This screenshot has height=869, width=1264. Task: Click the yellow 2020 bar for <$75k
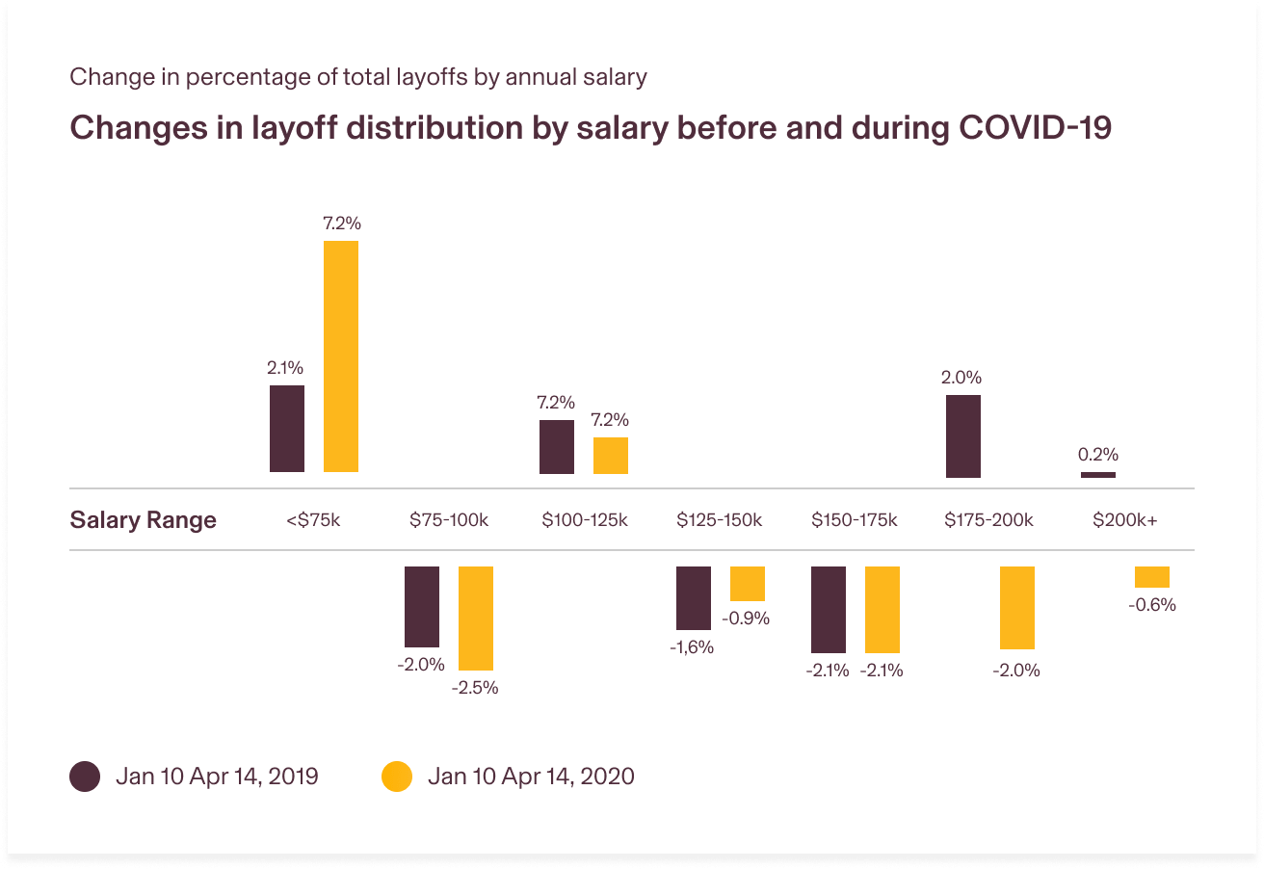pyautogui.click(x=341, y=356)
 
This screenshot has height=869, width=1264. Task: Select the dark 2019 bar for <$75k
pyautogui.click(x=287, y=429)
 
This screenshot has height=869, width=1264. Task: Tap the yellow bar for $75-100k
pyautogui.click(x=476, y=618)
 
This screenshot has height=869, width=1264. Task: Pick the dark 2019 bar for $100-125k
pyautogui.click(x=557, y=447)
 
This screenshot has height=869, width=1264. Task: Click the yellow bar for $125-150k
pyautogui.click(x=748, y=584)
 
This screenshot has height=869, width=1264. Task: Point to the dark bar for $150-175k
pyautogui.click(x=829, y=609)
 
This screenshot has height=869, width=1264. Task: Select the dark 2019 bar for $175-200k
pyautogui.click(x=963, y=436)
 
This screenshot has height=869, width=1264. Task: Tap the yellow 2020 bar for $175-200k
pyautogui.click(x=1017, y=607)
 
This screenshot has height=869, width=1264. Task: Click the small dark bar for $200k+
pyautogui.click(x=1098, y=475)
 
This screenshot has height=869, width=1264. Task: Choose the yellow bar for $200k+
pyautogui.click(x=1152, y=577)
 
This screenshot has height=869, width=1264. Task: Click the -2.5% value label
pyautogui.click(x=475, y=689)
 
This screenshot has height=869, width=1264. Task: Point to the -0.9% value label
pyautogui.click(x=747, y=619)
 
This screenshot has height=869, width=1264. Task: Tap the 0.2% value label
pyautogui.click(x=1098, y=455)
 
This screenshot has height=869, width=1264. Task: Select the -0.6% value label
pyautogui.click(x=1152, y=605)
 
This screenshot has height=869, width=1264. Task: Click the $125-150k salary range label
pyautogui.click(x=719, y=520)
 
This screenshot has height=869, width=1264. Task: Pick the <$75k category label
pyautogui.click(x=313, y=520)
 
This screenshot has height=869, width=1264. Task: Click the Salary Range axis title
pyautogui.click(x=144, y=520)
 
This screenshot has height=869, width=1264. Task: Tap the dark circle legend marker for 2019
pyautogui.click(x=85, y=777)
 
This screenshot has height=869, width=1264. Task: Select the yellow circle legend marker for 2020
pyautogui.click(x=397, y=777)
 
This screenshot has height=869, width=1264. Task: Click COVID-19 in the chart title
pyautogui.click(x=1036, y=128)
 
